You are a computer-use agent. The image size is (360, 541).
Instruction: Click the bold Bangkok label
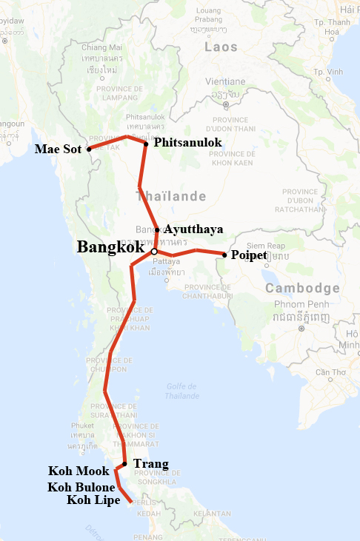110,246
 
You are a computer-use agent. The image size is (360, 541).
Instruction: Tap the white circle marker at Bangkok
154,252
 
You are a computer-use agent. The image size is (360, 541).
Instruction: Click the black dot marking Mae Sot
89,149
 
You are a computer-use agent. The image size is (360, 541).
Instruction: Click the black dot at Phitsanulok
146,143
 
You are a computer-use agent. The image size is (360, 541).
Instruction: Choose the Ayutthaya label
193,229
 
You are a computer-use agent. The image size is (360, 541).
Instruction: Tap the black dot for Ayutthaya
157,229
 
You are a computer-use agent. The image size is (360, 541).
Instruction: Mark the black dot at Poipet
224,255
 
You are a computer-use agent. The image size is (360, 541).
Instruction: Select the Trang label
150,464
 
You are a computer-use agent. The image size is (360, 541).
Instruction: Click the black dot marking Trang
124,464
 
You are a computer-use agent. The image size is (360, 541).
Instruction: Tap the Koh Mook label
79,471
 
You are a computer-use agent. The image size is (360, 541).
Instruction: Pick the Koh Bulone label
81,487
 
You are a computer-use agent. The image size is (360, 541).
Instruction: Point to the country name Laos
221,47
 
